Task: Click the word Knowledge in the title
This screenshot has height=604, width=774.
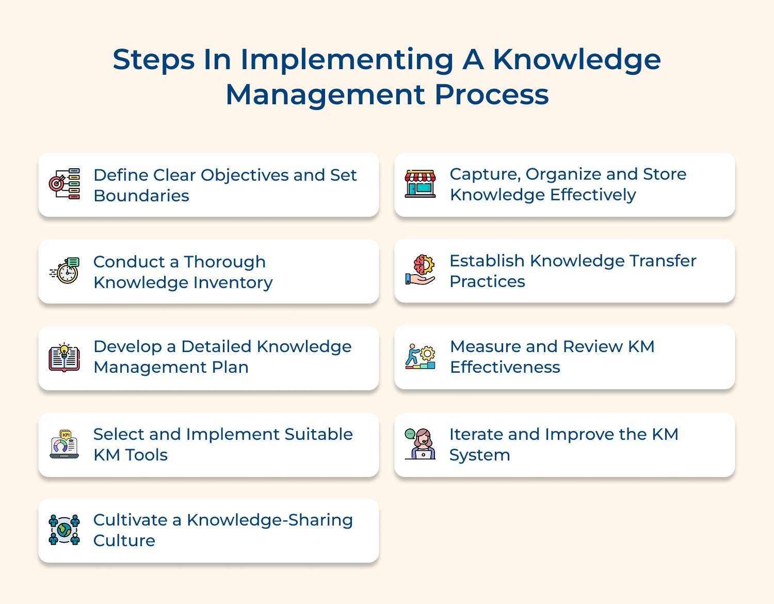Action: [576, 60]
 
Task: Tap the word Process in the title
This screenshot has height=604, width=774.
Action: [491, 95]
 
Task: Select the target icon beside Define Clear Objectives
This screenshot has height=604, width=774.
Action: [64, 184]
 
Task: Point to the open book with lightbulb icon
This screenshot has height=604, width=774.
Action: [64, 357]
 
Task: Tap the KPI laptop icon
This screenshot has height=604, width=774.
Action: [64, 444]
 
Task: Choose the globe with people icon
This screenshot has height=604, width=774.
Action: [64, 530]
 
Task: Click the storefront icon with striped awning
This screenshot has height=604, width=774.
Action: [420, 184]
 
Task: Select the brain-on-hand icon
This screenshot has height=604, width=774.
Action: [420, 270]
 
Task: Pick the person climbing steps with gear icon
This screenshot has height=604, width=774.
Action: [420, 357]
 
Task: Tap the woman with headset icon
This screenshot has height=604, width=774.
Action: [420, 444]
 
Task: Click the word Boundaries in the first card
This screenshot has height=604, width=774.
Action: [141, 196]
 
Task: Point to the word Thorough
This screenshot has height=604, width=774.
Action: [224, 262]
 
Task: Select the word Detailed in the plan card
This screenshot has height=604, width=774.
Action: [216, 346]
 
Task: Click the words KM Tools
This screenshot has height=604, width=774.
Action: [131, 455]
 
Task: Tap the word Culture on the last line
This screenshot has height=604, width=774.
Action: [124, 541]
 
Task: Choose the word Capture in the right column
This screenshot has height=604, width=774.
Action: [484, 174]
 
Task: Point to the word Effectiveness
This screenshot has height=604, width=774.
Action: [505, 368]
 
